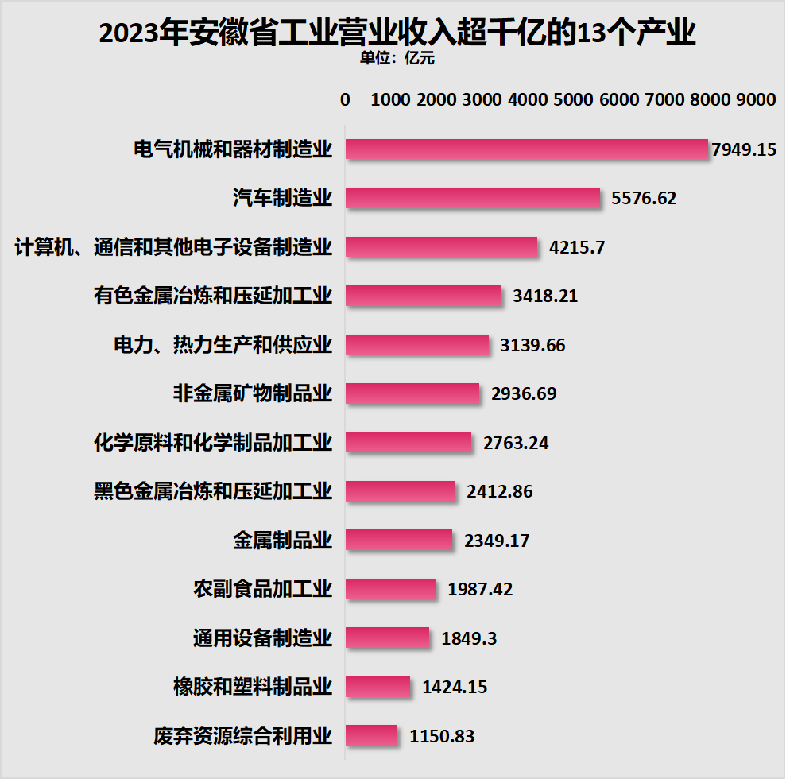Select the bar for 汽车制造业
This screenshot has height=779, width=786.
[x=473, y=198]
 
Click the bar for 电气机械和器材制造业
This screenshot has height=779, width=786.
[x=526, y=149]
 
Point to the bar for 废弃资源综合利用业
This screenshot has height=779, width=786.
[x=371, y=736]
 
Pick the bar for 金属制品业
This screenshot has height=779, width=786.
[x=399, y=541]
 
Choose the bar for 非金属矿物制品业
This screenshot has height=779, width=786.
[x=412, y=393]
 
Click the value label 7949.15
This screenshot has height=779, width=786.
[x=744, y=149]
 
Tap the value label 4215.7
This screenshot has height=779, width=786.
[x=577, y=247]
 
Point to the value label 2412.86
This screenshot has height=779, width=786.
[x=500, y=491]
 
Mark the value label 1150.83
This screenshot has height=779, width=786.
[x=442, y=736]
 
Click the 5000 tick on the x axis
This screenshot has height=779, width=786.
[x=574, y=99]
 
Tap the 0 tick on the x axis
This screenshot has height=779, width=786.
[x=345, y=99]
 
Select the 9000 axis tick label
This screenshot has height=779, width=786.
[x=755, y=99]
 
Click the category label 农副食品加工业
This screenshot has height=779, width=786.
[x=262, y=589]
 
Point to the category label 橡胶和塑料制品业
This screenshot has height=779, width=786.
[x=253, y=687]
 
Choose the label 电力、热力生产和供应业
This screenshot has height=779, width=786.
[x=223, y=345]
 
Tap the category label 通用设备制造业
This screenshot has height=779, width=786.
[x=262, y=638]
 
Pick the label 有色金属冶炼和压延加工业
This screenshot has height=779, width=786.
[x=213, y=296]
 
